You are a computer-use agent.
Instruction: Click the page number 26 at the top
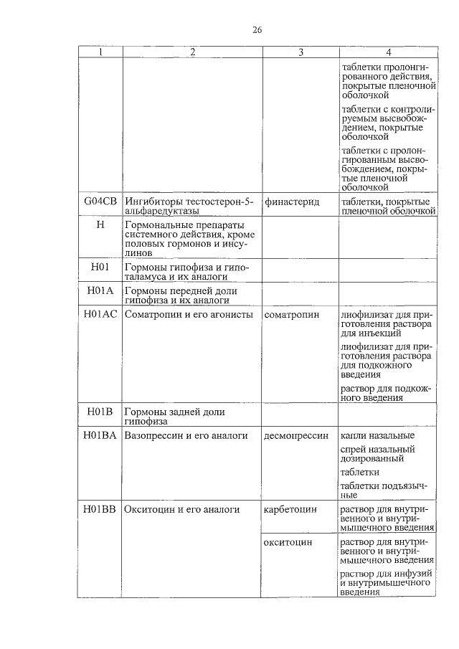(x=257, y=29)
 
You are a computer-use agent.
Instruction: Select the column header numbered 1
(x=100, y=52)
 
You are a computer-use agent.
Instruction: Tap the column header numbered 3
(x=301, y=52)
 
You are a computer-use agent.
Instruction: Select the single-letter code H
(x=100, y=225)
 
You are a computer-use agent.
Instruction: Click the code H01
(x=100, y=267)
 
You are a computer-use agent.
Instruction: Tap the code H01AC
(x=100, y=314)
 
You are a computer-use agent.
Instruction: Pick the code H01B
(x=100, y=412)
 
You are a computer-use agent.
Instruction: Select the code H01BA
(x=100, y=435)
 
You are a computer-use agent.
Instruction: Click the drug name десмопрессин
(x=295, y=435)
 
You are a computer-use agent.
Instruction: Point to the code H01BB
(x=100, y=509)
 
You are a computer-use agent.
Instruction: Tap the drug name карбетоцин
(x=290, y=509)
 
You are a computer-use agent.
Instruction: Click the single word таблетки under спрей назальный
(x=360, y=473)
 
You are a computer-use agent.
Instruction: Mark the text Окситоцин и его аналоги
(x=181, y=509)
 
